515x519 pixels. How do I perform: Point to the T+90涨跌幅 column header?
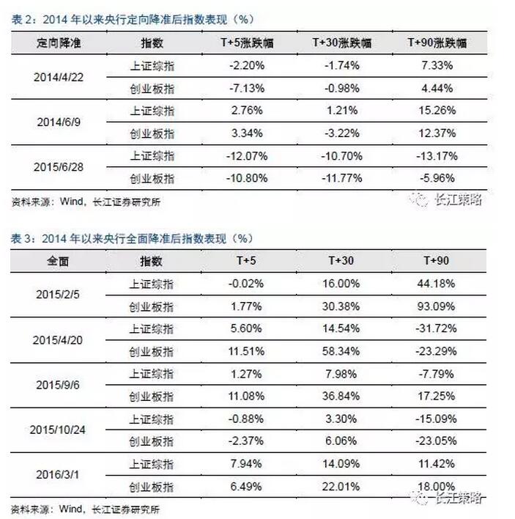click(436, 43)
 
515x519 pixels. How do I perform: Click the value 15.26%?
click(436, 111)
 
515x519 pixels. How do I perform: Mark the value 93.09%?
click(436, 306)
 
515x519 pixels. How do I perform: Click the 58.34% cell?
click(339, 351)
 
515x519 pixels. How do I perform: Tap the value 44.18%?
click(436, 283)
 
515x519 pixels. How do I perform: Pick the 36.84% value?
click(339, 396)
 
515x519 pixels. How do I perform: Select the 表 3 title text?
click(133, 239)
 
